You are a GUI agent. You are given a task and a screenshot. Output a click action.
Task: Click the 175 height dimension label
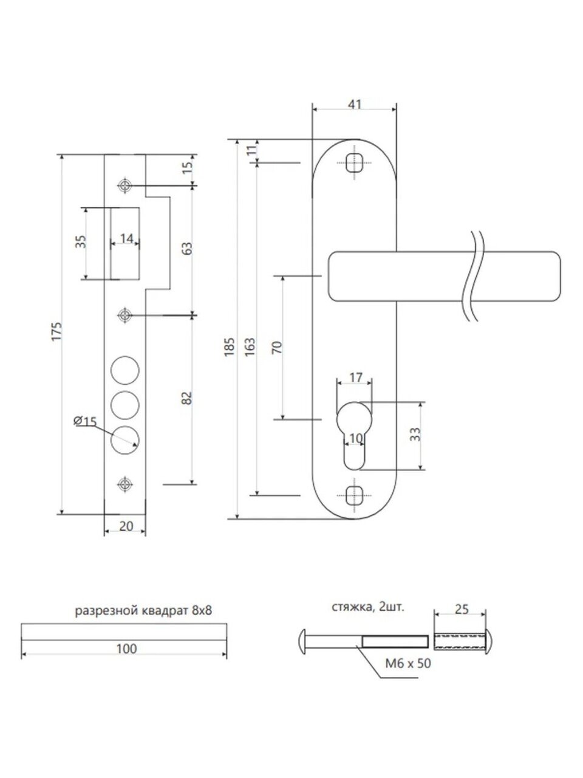[56, 332]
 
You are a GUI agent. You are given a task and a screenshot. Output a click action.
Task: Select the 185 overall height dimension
[230, 346]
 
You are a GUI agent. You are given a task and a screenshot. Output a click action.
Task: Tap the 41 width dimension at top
[355, 105]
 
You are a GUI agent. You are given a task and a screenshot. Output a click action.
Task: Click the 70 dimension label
[276, 348]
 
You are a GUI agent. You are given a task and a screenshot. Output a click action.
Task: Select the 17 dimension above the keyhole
[356, 378]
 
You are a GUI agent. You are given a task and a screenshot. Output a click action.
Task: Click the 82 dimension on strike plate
[186, 398]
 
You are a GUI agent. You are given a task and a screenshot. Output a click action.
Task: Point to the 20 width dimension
[126, 526]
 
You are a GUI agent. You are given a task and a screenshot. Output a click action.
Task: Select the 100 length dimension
[126, 649]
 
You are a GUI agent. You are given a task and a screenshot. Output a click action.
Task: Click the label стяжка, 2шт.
[367, 607]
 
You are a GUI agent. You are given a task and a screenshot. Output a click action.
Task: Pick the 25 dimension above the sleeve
[461, 609]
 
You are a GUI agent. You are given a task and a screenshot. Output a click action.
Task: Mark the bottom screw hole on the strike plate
[125, 484]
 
